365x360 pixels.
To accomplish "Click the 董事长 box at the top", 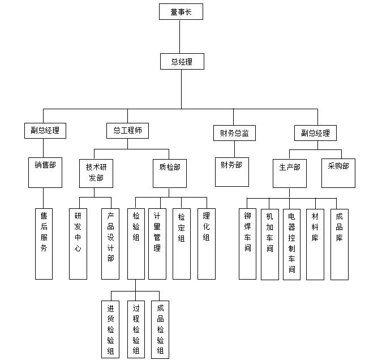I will pos(181,11).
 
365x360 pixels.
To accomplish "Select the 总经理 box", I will pos(181,62).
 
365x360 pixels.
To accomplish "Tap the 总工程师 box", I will pos(127,131).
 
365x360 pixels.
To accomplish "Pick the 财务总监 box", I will pos(234,134).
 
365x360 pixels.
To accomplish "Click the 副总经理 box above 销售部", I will pos(45,131).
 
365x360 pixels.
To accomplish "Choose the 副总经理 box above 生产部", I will pos(315,134).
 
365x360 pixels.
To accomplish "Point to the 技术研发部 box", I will pos(96,172).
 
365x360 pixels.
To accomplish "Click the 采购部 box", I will pos(338,172).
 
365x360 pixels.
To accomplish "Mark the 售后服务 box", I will pos(44,243).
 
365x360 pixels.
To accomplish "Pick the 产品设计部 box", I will pos(110,243).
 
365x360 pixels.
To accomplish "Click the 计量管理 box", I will pos(157,243).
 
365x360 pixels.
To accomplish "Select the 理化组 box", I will pos(206,243).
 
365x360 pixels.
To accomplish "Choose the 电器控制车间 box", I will pos(291,244).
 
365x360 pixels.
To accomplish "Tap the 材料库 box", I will pos(315,244).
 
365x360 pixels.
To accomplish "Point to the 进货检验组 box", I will pos(110,328).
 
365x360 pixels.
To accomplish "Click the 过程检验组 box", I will pos(136,328).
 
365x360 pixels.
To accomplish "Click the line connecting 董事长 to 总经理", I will pos(180,36).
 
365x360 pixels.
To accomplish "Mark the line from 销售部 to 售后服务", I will pos(43,198).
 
